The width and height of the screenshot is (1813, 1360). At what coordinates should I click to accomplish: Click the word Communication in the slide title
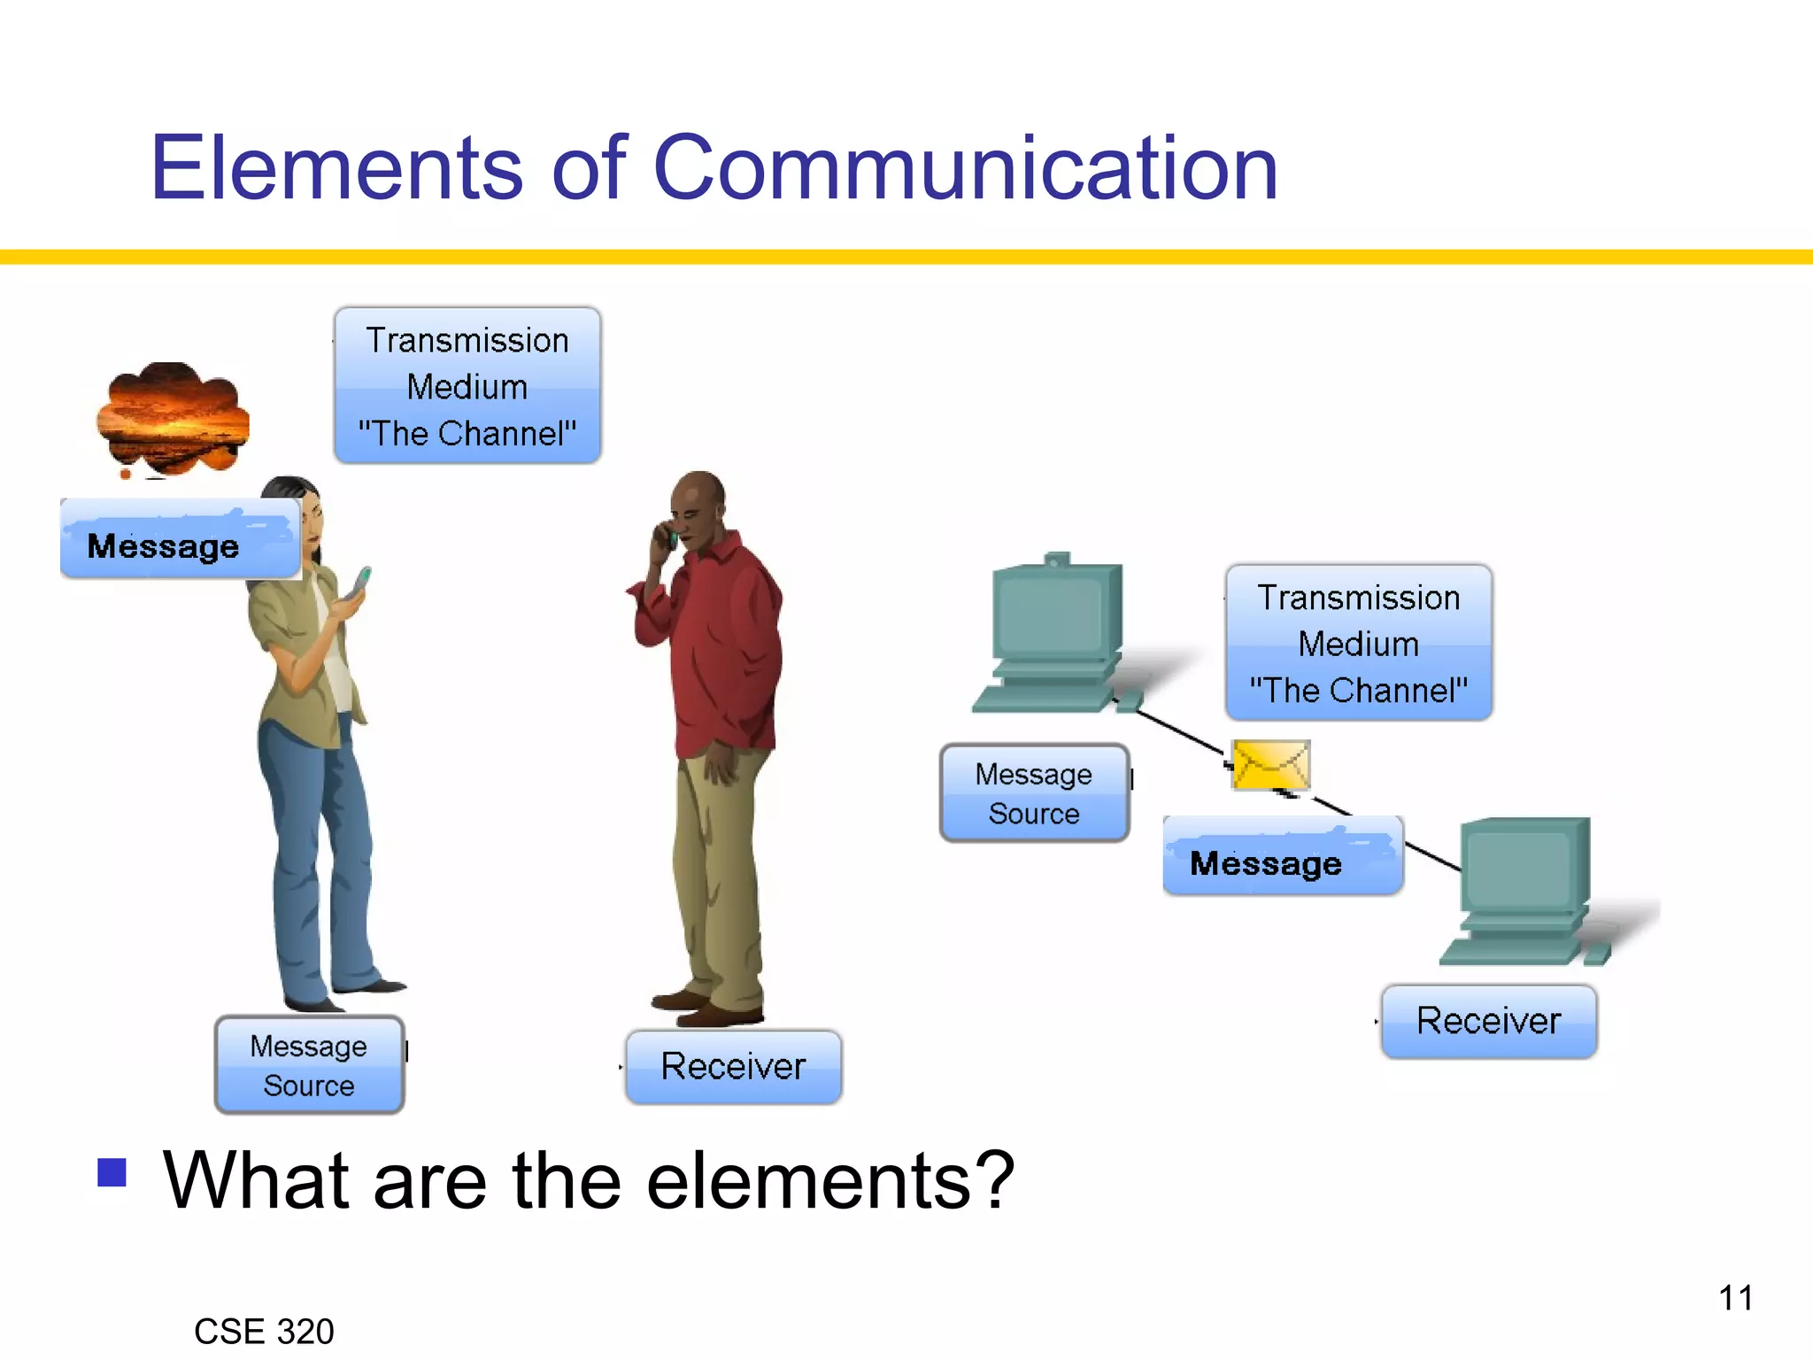pos(965,168)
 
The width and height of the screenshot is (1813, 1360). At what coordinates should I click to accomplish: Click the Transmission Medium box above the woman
pos(467,386)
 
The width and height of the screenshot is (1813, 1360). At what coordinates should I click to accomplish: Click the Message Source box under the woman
pos(309,1065)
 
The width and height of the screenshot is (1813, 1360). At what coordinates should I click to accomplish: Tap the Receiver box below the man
pos(733,1067)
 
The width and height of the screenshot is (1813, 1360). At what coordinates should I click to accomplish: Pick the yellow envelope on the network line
pos(1270,764)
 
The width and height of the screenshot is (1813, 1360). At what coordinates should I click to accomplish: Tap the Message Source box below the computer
pos(1034,793)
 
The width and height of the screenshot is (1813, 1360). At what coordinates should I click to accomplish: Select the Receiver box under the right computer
pos(1489,1021)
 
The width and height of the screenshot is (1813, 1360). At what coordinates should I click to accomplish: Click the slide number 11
pos(1735,1298)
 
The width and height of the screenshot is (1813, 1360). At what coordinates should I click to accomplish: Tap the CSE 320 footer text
pos(264,1331)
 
